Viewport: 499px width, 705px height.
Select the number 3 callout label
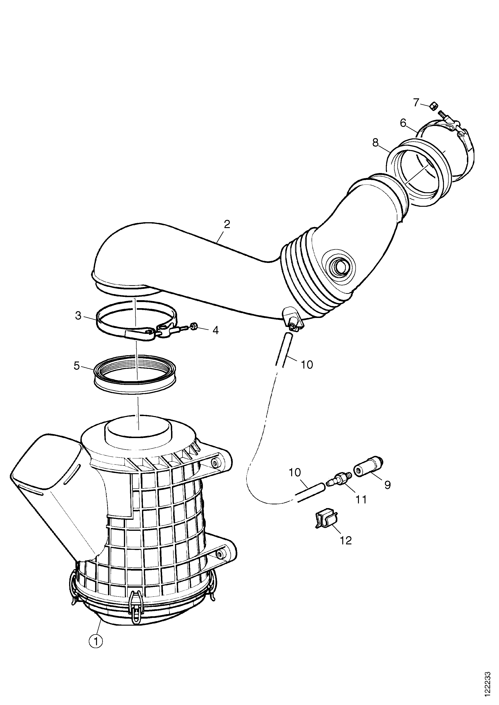tap(78, 315)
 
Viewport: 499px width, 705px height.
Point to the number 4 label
tap(216, 330)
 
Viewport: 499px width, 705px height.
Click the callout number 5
tap(77, 366)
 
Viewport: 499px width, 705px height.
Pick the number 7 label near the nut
tap(416, 102)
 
